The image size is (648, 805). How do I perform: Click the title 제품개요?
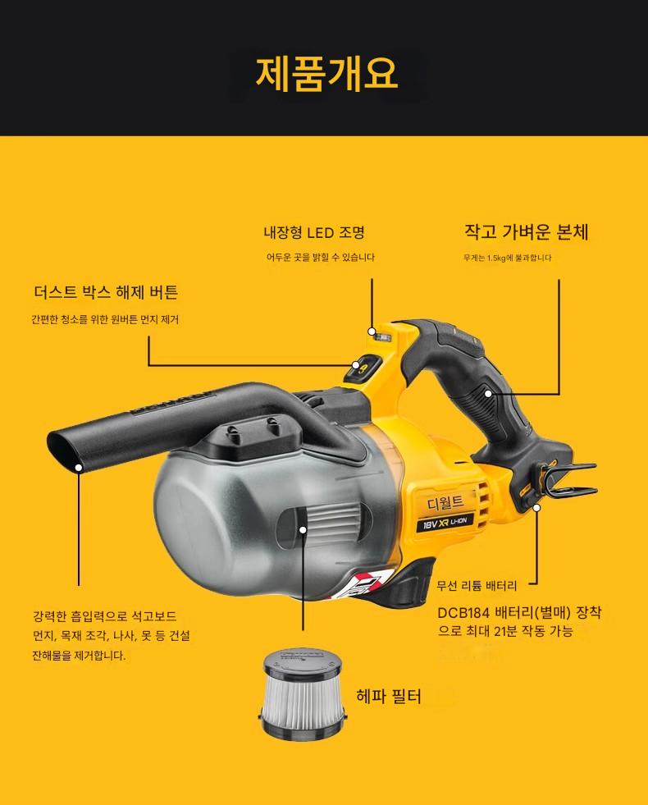click(326, 73)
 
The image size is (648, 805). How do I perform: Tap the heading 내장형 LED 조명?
click(314, 233)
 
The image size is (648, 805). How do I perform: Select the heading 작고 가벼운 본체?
click(526, 232)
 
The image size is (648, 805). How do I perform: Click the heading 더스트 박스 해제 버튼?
click(106, 292)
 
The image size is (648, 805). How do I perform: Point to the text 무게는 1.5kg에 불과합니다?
click(507, 258)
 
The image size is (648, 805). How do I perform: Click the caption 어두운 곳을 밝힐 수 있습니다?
click(320, 257)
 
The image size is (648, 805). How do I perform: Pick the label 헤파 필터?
click(389, 697)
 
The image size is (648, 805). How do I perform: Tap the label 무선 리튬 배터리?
click(477, 585)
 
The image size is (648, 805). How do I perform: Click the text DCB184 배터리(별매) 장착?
click(519, 612)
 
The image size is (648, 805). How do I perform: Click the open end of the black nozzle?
click(66, 451)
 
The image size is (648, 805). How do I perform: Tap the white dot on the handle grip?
click(488, 394)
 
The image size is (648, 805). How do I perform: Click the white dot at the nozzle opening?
click(79, 467)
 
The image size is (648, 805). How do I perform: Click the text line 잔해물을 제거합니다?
click(79, 656)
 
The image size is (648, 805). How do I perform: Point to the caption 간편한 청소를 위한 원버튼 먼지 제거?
click(105, 319)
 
